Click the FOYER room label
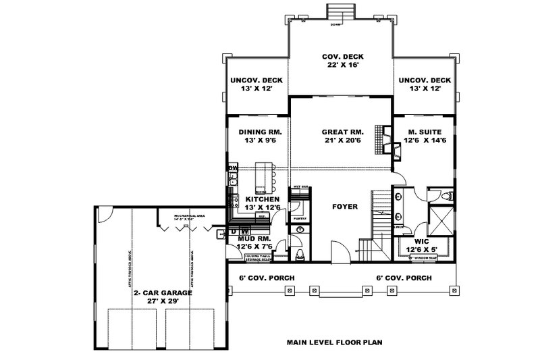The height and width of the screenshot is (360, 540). click(x=344, y=207)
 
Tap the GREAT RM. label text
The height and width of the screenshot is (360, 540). click(x=342, y=132)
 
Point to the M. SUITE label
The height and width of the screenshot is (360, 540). click(x=425, y=132)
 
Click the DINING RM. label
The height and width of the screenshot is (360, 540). click(x=259, y=132)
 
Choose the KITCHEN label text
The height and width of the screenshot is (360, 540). click(x=262, y=199)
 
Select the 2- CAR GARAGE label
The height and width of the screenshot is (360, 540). click(x=161, y=292)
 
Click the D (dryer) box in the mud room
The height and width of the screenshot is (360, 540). click(x=234, y=232)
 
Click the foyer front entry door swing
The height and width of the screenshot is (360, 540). click(x=336, y=249)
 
